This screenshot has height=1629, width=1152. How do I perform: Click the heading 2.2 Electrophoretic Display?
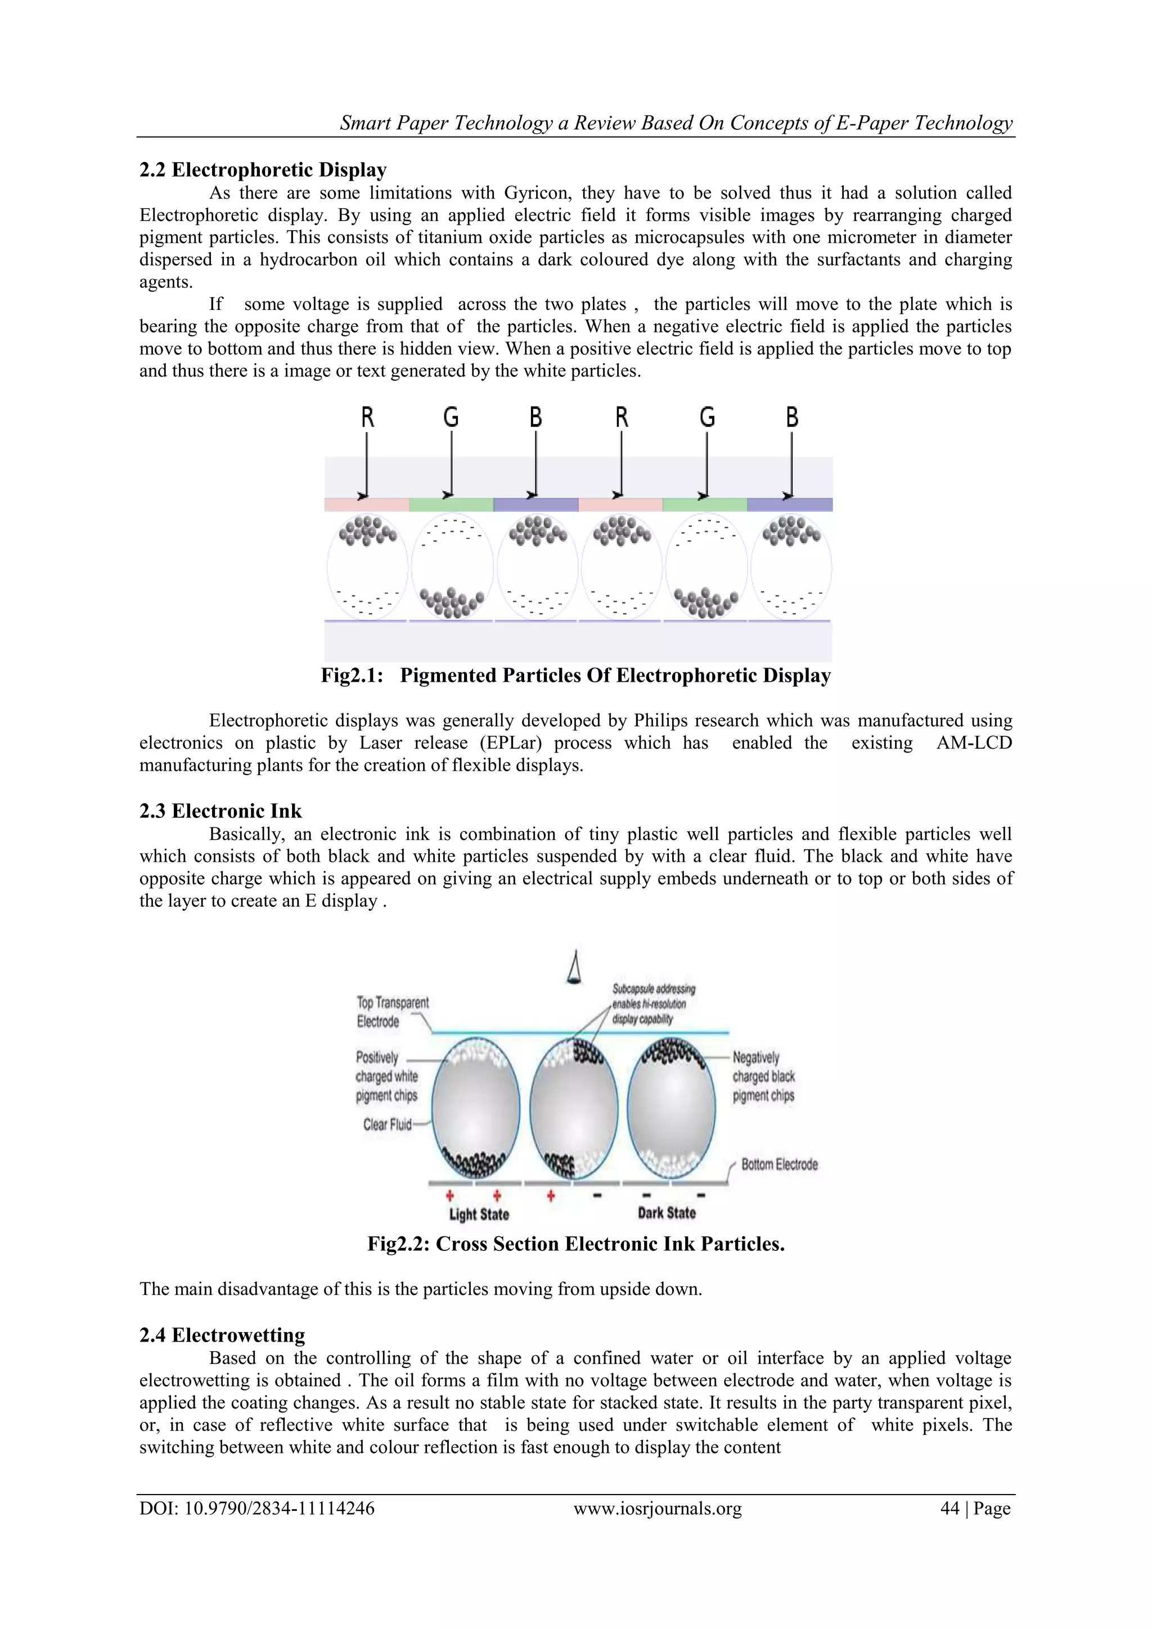tap(263, 170)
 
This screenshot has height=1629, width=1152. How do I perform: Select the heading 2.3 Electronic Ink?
tap(220, 811)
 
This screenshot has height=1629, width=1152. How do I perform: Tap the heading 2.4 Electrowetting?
tap(222, 1335)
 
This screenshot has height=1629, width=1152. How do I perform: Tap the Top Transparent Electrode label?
tap(392, 1012)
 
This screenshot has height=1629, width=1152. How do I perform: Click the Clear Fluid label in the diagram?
tap(388, 1124)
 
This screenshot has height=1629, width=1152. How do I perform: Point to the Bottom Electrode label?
tap(779, 1164)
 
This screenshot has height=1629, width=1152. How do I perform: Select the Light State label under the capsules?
tap(479, 1214)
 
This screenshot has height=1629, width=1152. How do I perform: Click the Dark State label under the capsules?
tap(666, 1213)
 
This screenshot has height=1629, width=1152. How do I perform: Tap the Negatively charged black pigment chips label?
tap(763, 1076)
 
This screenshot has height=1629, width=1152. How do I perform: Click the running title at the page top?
tap(676, 123)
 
